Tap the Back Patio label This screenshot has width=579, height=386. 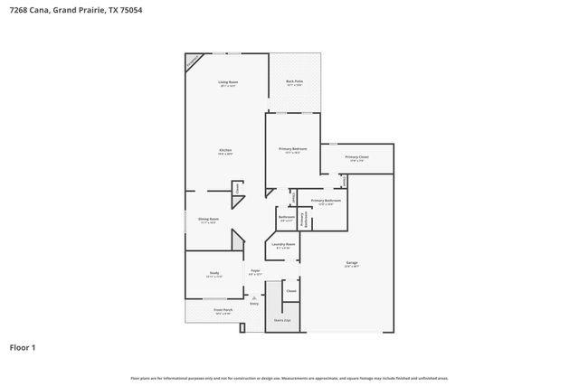pyautogui.click(x=294, y=82)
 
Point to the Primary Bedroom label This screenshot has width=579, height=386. pyautogui.click(x=292, y=149)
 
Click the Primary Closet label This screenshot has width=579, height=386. pyautogui.click(x=356, y=157)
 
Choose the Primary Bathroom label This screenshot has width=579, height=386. pyautogui.click(x=325, y=201)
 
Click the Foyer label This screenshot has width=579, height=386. pyautogui.click(x=256, y=272)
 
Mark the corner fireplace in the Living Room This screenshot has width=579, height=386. pyautogui.click(x=193, y=61)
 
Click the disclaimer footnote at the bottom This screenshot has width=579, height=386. pyautogui.click(x=289, y=378)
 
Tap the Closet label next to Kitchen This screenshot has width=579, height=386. pyautogui.click(x=237, y=188)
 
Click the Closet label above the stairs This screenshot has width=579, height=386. pyautogui.click(x=290, y=291)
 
